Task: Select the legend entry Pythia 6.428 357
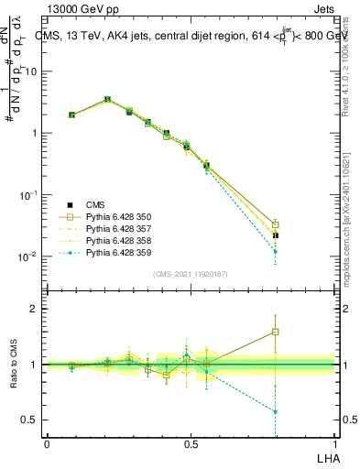click(114, 228)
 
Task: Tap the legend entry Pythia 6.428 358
click(114, 240)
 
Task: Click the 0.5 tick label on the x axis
click(191, 443)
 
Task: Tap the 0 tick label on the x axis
click(47, 443)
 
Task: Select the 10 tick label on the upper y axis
click(31, 71)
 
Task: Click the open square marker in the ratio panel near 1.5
click(276, 332)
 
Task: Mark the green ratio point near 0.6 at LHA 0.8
click(276, 411)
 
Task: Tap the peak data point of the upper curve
click(108, 99)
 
